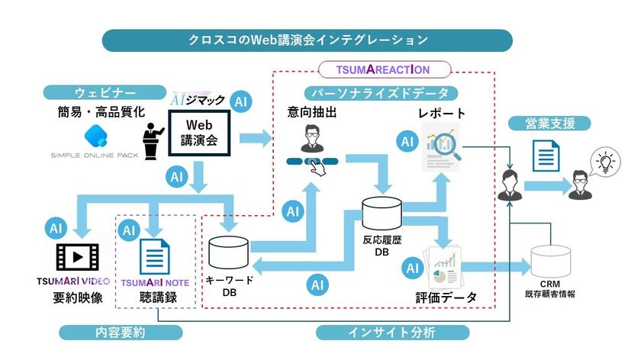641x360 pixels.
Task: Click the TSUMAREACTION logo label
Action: tap(383, 69)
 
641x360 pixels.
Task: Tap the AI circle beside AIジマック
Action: tap(243, 101)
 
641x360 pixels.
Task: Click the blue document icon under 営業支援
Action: tap(543, 158)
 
